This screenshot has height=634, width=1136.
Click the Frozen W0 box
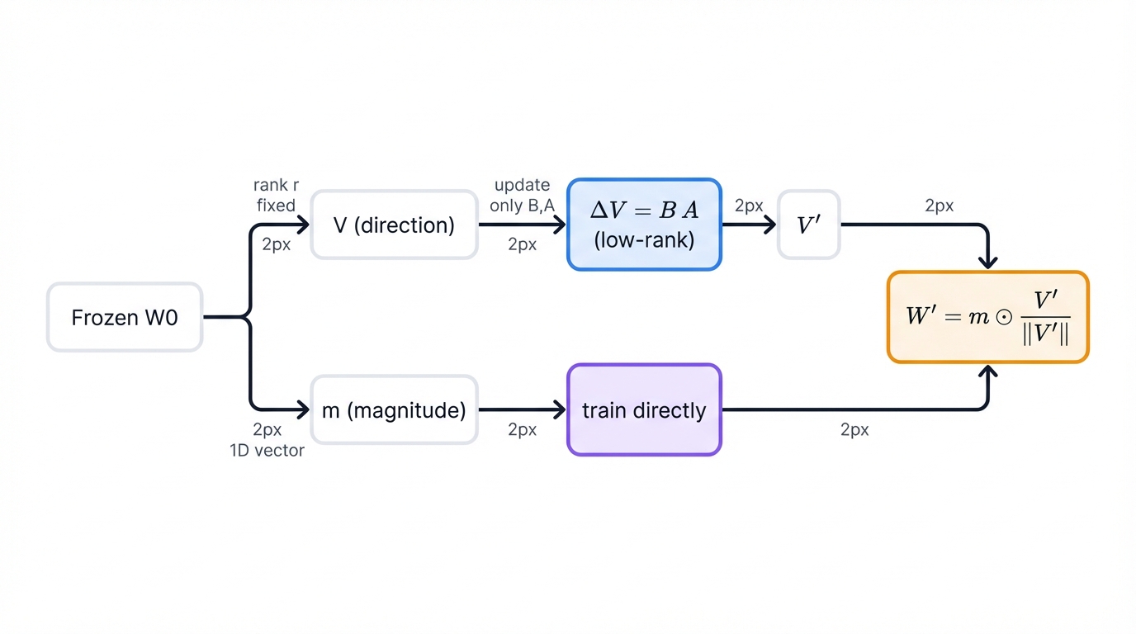coord(125,318)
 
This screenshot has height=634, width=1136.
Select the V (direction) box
coord(394,225)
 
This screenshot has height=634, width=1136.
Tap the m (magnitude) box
coord(394,410)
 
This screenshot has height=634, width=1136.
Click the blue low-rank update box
coord(644,225)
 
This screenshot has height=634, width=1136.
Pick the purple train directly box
coord(644,410)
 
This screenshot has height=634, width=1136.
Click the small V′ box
coord(808,225)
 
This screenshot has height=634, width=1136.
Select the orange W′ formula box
coord(988,317)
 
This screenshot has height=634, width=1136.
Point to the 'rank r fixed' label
coord(276,196)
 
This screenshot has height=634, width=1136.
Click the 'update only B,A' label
coord(522,196)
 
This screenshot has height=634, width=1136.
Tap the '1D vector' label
coord(267,450)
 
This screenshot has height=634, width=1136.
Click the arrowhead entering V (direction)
coord(304,225)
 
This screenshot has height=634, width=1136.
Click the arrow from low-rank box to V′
coord(749,225)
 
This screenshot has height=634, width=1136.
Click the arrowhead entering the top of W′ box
coord(988,262)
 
